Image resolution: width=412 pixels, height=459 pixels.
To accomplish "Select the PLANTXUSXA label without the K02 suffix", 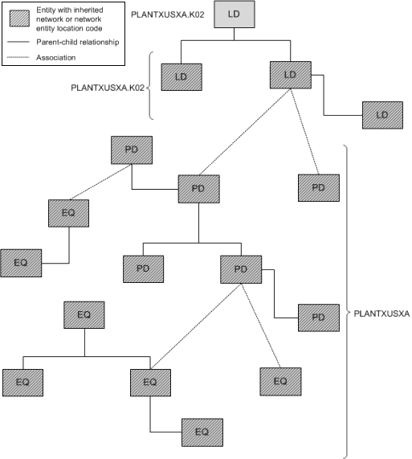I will pos(381,314).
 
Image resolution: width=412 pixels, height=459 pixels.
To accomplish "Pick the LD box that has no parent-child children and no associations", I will pos(181,77).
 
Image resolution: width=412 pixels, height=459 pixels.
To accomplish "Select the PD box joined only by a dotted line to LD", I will pos(318,187).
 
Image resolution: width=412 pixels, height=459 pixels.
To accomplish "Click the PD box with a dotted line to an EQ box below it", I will pos(131,150).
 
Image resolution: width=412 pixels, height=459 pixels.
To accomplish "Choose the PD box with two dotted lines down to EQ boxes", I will pos(240,269).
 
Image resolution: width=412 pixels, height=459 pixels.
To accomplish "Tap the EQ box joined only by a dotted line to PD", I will pos(280,380).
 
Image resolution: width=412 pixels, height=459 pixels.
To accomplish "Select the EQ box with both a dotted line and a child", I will pos(150,382).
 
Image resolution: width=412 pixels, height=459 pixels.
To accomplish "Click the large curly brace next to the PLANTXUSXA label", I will pos(347,314).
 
